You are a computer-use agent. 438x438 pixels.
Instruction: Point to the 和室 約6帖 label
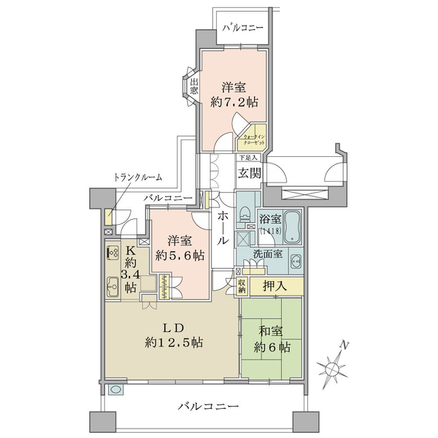coord(271,337)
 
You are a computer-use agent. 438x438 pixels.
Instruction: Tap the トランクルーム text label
coord(138,177)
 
